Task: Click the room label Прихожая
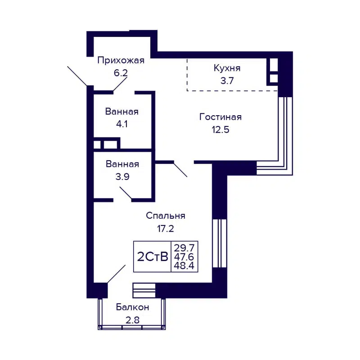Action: click(x=121, y=61)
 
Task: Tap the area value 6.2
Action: click(x=121, y=73)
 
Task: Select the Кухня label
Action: click(x=227, y=68)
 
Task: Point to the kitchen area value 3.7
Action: click(x=227, y=81)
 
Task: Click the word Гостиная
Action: click(x=220, y=117)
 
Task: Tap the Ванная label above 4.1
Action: click(x=122, y=112)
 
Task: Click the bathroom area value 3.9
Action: click(x=122, y=177)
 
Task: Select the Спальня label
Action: click(x=166, y=216)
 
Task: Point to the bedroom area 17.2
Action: click(x=166, y=228)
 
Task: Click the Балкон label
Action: click(x=132, y=307)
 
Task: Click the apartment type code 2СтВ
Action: click(x=152, y=257)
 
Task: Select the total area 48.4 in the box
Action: click(x=184, y=265)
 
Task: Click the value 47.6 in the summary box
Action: click(x=184, y=257)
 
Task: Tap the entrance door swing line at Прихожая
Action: click(x=77, y=76)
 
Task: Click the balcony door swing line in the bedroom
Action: click(x=117, y=274)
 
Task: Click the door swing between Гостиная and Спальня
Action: click(x=180, y=169)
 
